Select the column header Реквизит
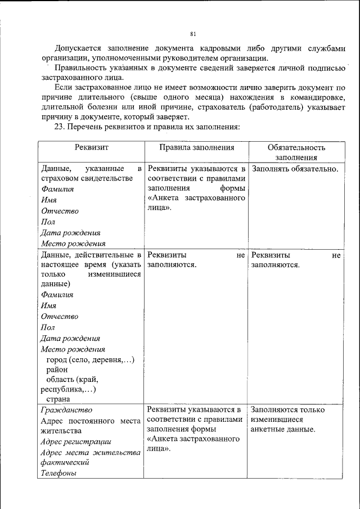pos(91,147)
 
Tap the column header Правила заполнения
pos(196,147)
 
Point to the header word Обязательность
pos(296,147)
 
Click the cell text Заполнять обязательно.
pos(295,168)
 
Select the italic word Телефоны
pos(58,473)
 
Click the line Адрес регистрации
pos(76,442)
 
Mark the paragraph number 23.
pos(60,127)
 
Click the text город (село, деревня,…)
pos(90,359)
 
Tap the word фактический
pos(65,462)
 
